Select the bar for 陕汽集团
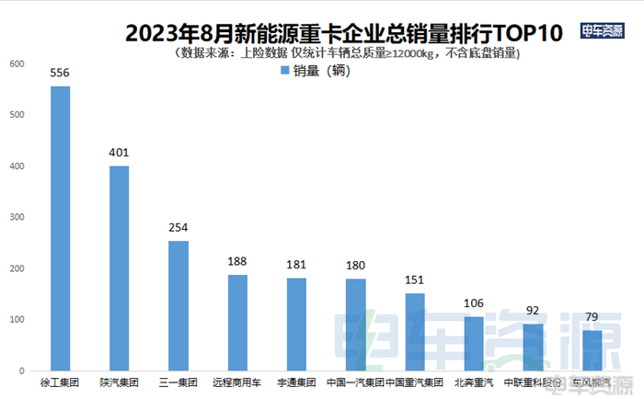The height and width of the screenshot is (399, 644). [x=120, y=268]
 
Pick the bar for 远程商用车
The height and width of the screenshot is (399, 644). [x=237, y=322]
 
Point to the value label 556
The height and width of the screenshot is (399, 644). [x=61, y=71]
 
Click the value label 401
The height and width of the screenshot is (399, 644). [x=120, y=152]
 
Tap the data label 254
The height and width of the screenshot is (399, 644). [x=178, y=226]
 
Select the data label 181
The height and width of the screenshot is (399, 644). [x=296, y=264]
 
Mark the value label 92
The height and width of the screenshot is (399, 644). [x=533, y=310]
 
